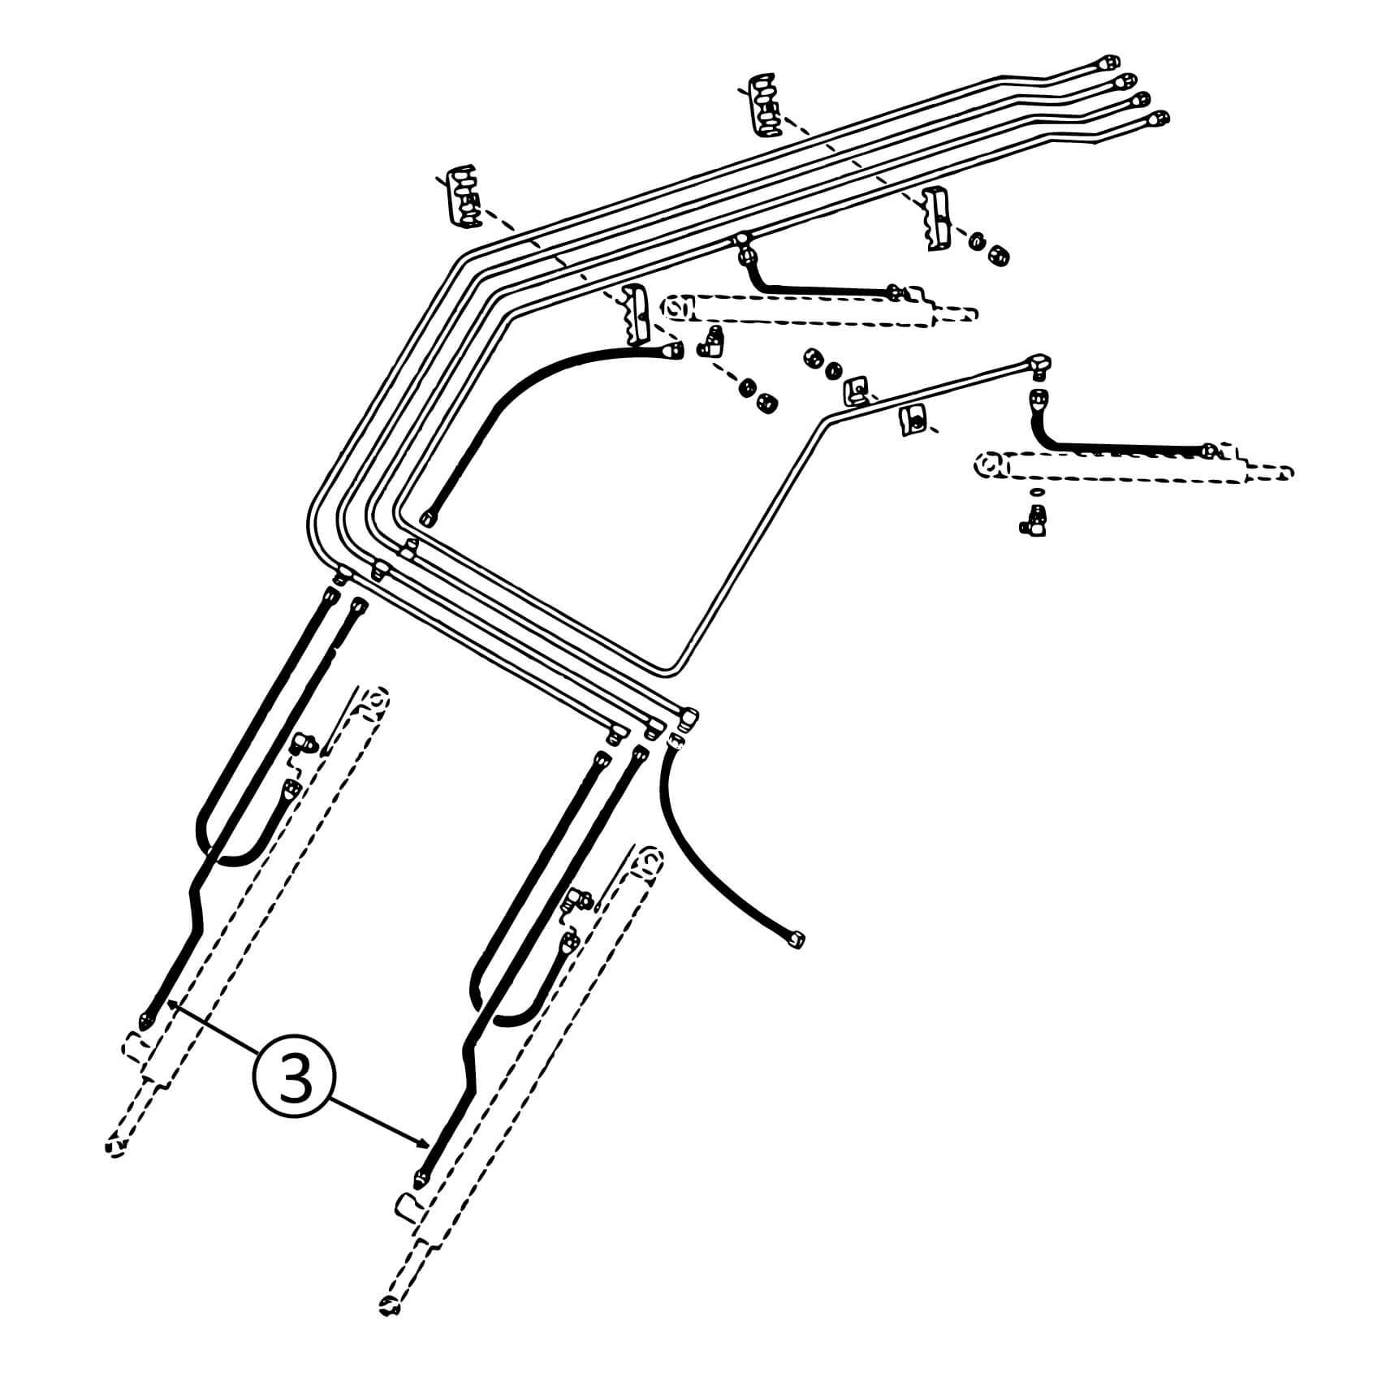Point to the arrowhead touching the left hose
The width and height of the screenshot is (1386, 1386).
[171, 1006]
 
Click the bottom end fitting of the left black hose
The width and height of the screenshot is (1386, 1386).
[147, 1017]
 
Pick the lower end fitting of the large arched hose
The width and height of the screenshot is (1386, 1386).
[427, 518]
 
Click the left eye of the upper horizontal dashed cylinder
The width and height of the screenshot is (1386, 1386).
[676, 309]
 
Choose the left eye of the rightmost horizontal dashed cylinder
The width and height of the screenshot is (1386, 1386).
[990, 465]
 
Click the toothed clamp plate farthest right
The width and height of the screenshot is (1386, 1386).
[937, 218]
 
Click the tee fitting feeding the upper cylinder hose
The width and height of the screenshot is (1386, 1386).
[744, 244]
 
